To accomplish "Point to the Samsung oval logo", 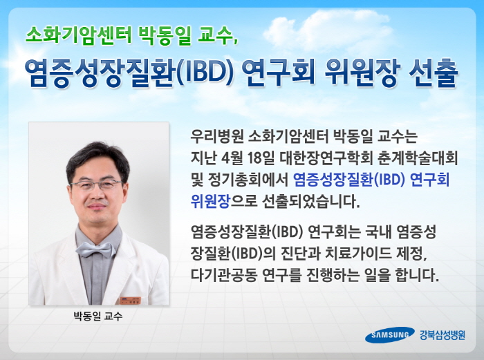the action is tap(390, 334).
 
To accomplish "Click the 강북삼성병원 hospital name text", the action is tap(443, 335).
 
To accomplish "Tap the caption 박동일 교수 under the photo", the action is tap(98, 316).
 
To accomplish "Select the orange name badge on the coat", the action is tap(130, 301).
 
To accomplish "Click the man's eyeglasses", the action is tap(97, 184).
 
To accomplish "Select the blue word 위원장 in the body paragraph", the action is tap(210, 202).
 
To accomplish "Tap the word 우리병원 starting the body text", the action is tap(216, 136).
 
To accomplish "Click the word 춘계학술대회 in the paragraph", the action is tap(418, 158).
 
